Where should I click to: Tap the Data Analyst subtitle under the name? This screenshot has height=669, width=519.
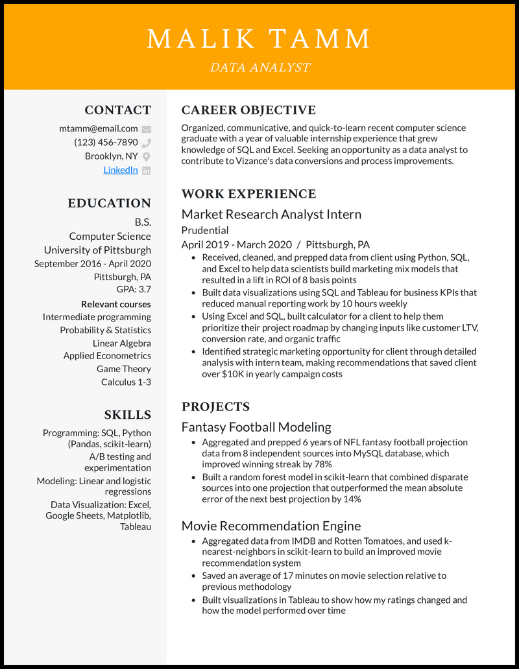tap(259, 67)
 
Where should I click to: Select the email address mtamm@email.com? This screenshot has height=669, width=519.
tap(99, 128)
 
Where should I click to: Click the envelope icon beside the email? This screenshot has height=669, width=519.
tap(147, 129)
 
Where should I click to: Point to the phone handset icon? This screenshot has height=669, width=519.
tap(147, 143)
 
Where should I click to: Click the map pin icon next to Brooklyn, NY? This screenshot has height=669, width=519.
tap(147, 156)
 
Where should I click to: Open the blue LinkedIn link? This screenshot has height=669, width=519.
tap(121, 170)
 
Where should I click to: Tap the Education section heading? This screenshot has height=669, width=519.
tap(109, 203)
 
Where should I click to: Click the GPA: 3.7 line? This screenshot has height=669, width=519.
tap(134, 289)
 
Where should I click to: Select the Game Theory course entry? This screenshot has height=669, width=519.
tap(124, 369)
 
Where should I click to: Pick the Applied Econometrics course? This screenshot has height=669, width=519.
tap(107, 356)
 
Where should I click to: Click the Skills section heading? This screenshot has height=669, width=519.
tap(127, 415)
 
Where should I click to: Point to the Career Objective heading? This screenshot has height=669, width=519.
tap(248, 110)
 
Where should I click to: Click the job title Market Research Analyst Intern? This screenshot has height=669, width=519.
tap(271, 215)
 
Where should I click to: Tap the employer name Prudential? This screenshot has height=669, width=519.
tap(205, 230)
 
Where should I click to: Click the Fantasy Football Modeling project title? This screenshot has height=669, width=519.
tap(256, 427)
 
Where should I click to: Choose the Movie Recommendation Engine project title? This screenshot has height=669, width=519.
tap(271, 526)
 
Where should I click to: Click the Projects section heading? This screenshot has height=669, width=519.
tap(215, 407)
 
